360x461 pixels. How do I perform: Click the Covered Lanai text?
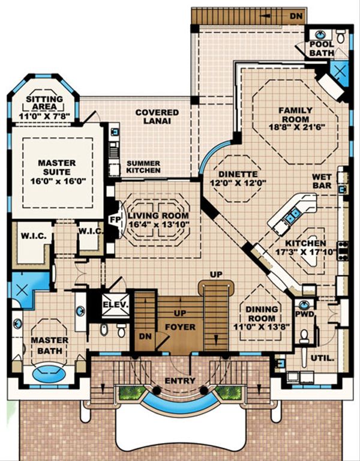point(157,116)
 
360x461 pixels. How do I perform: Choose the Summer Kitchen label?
point(143,166)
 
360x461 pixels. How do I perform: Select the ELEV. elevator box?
point(115,305)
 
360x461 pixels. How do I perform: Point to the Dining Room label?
point(262,314)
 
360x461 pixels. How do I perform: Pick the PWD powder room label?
point(304,315)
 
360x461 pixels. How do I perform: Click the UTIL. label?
point(322,358)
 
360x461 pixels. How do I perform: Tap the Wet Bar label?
point(322,181)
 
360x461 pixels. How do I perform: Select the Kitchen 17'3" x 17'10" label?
point(306,248)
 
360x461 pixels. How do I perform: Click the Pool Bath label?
point(322,49)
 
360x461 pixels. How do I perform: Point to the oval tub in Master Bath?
point(49,374)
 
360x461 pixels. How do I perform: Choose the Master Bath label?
point(50,346)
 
